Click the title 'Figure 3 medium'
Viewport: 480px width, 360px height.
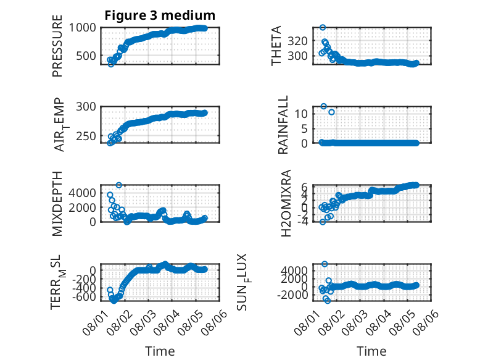160,15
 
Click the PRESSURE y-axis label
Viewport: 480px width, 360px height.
57,46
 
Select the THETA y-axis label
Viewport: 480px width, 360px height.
276,46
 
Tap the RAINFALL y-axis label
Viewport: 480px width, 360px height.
283,125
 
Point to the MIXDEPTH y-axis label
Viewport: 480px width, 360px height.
57,204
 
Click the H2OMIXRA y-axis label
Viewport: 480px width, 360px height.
286,203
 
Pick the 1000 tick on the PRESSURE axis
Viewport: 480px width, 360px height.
82,28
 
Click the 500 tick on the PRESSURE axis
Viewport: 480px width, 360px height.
86,56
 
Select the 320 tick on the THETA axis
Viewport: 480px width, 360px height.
298,41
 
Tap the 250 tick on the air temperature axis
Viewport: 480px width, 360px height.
86,136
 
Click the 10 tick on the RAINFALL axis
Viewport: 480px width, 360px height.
301,114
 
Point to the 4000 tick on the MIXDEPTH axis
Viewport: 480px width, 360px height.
82,193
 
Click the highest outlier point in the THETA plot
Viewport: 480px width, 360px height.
322,28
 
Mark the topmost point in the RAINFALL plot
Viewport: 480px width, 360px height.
323,106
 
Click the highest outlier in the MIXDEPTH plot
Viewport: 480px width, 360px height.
119,185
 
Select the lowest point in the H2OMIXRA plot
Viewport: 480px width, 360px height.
323,222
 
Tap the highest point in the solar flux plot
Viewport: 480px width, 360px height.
325,264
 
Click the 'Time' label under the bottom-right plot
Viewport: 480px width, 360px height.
371,351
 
